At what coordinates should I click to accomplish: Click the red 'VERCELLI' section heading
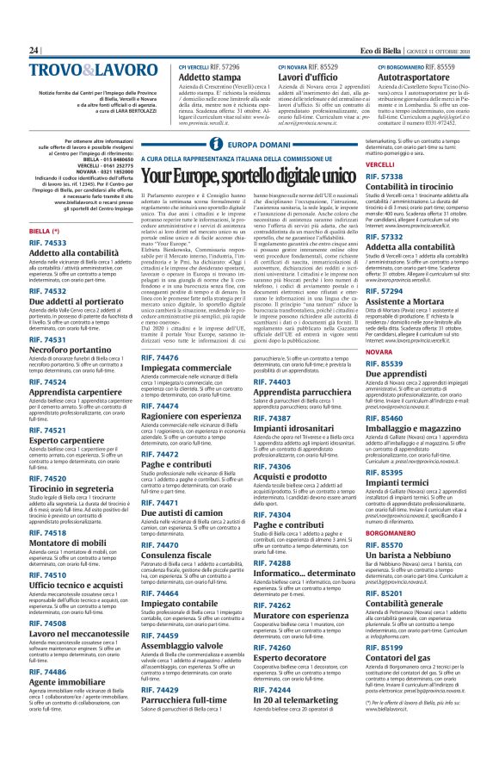click(x=379, y=164)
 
